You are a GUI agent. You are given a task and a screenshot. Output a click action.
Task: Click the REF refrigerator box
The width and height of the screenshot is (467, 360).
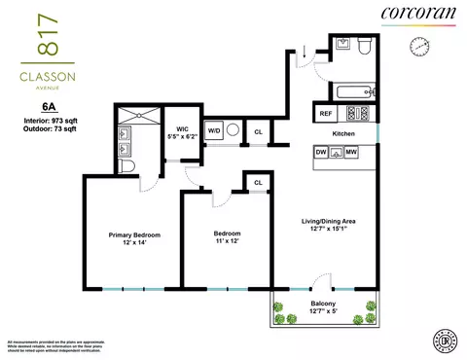(x=327, y=113)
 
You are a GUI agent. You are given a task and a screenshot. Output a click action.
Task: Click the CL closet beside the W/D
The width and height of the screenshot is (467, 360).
(x=259, y=129)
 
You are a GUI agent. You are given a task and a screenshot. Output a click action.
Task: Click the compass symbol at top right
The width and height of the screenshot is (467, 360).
(x=420, y=45)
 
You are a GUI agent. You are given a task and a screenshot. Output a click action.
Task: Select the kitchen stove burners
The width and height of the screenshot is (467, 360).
(x=356, y=112)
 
